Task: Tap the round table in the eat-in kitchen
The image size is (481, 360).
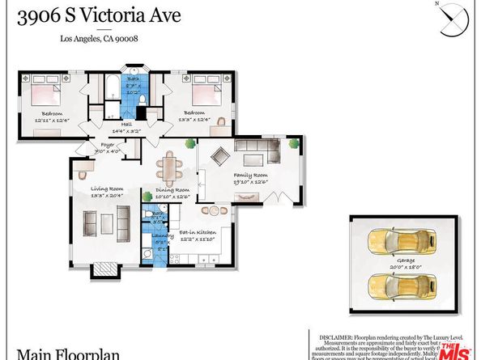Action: tap(215, 210)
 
